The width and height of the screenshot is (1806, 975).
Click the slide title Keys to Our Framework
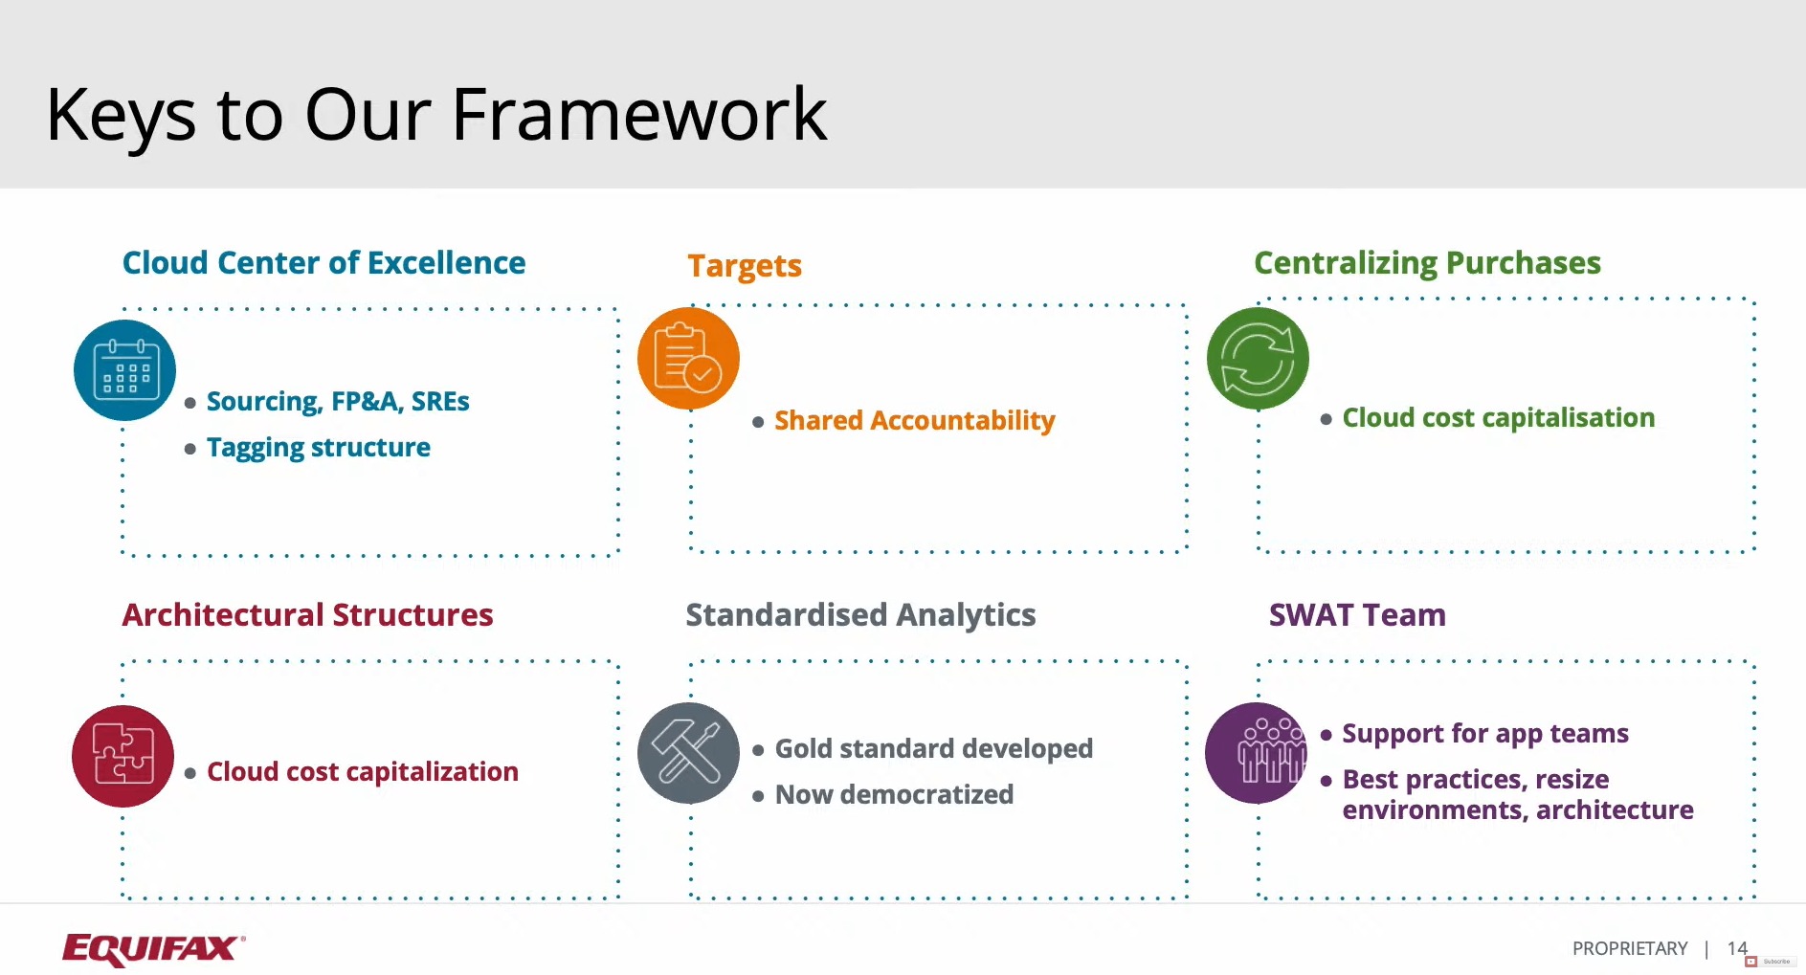(435, 115)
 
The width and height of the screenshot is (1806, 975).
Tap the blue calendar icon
(124, 370)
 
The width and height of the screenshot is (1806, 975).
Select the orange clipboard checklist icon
(688, 359)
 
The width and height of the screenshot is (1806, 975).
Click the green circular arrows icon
(1257, 359)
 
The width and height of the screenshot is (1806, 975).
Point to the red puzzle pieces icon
(123, 756)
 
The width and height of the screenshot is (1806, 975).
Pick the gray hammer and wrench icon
(688, 753)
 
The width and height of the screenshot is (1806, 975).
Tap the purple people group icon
(1255, 753)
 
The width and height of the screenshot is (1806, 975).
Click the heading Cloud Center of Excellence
(323, 263)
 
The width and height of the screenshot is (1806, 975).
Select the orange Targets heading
(745, 266)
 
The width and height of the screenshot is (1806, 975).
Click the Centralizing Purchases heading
(1427, 263)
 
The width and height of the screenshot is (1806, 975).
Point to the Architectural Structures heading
(307, 615)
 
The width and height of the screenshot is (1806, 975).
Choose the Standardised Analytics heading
(860, 615)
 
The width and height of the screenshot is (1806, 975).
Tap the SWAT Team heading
(1357, 615)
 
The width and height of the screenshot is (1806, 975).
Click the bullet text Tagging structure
(318, 448)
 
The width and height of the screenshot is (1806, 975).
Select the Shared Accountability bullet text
(914, 421)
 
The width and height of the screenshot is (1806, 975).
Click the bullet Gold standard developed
(933, 749)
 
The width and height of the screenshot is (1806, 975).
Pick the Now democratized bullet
(893, 795)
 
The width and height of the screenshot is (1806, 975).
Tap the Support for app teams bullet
(1484, 734)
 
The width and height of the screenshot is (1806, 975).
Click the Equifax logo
(153, 948)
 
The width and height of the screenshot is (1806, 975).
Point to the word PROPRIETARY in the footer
(1629, 948)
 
